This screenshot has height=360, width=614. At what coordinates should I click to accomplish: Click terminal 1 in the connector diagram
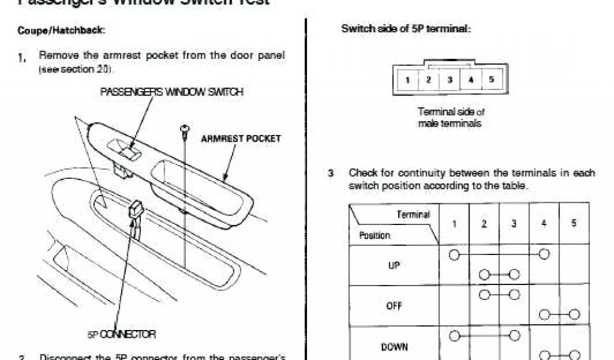tap(407, 80)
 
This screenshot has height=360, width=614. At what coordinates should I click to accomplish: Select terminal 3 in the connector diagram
tap(449, 80)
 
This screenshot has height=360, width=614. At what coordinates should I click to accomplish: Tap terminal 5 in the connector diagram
tap(491, 80)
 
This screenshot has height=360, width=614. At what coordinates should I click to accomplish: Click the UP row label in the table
tap(394, 265)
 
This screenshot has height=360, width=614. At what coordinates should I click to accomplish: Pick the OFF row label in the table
tap(394, 305)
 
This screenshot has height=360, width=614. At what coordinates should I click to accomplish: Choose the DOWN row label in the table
tap(394, 346)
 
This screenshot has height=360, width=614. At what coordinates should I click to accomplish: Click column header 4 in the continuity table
tap(544, 223)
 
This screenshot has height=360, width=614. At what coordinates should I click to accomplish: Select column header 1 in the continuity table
tap(454, 223)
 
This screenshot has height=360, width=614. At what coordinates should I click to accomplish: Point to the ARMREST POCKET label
tap(240, 139)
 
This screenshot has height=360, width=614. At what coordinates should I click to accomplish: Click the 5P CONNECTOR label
tap(122, 334)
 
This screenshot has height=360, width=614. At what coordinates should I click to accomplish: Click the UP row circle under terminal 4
tap(544, 255)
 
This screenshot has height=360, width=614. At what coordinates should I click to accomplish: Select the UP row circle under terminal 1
tap(454, 255)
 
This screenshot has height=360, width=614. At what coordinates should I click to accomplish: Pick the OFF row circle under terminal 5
tap(574, 314)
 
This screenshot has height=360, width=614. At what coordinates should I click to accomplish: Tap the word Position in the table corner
tap(375, 235)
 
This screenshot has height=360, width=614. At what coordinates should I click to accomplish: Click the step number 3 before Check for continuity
tap(330, 173)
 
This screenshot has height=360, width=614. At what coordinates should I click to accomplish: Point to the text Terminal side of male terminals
tap(450, 118)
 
